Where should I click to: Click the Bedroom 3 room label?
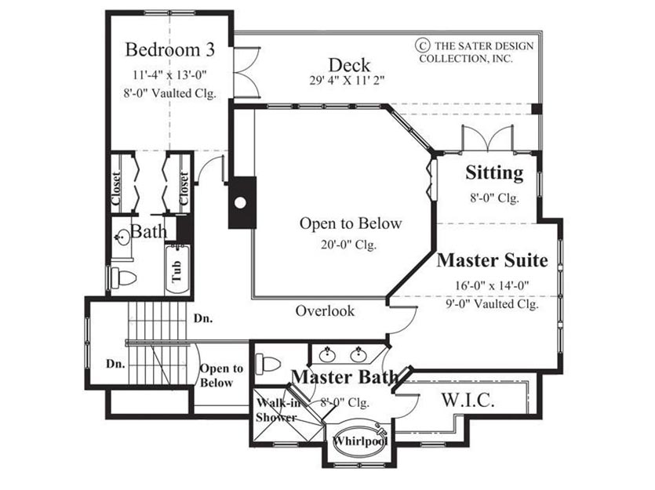click(170, 49)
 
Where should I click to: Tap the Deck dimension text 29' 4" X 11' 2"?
click(347, 80)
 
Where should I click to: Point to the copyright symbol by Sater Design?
click(422, 45)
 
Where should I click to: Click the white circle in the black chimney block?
click(240, 202)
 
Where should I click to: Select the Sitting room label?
click(495, 172)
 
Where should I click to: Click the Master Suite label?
click(492, 260)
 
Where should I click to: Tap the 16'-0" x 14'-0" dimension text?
click(492, 285)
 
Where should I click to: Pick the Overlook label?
click(325, 310)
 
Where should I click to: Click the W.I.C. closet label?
click(468, 400)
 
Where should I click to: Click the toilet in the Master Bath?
click(267, 364)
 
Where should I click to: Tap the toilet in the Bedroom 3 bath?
click(124, 278)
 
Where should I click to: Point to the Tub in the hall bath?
click(177, 270)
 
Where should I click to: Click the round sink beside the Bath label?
click(122, 238)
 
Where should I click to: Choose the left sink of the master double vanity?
click(328, 355)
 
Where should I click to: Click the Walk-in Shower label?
click(277, 410)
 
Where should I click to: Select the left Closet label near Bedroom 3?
click(117, 187)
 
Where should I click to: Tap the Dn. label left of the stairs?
click(115, 364)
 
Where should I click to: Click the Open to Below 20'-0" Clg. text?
click(350, 233)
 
